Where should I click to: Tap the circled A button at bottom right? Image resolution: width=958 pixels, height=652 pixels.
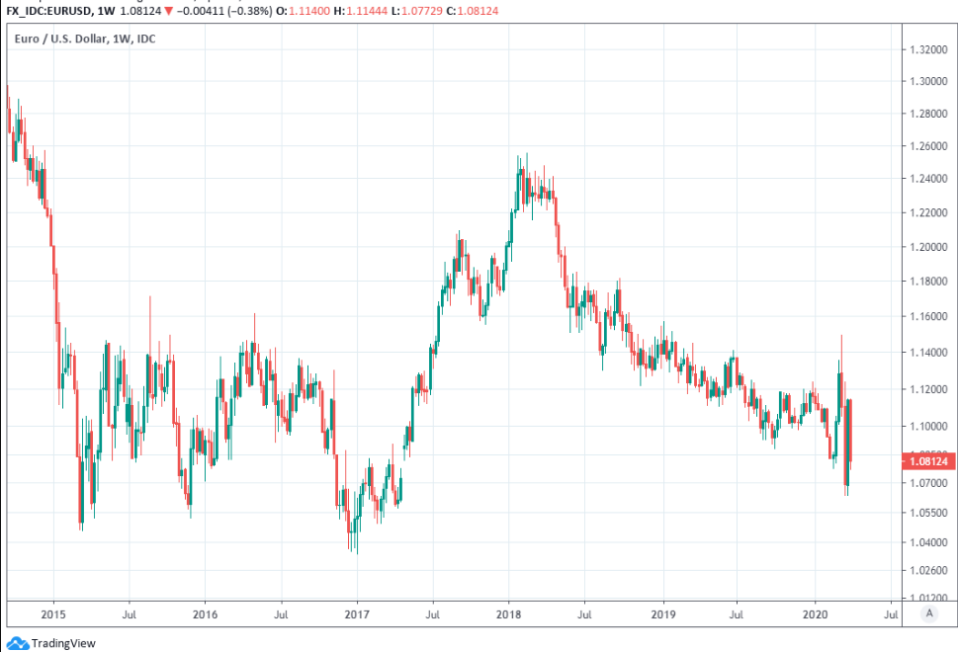tap(928, 613)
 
